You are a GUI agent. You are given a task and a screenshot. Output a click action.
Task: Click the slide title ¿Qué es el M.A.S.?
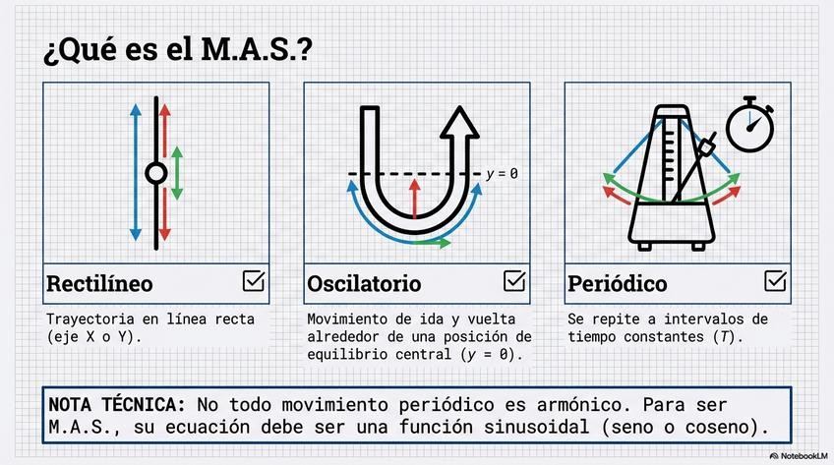pos(178,52)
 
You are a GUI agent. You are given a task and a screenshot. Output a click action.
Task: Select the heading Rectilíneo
pos(99,284)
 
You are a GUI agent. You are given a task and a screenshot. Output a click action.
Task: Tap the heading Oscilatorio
pos(364,284)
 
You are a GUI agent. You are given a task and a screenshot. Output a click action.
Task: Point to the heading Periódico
pos(617,284)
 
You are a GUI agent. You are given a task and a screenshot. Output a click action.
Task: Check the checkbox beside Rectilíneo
pos(254,281)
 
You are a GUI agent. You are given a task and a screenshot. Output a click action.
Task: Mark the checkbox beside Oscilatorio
pos(514,281)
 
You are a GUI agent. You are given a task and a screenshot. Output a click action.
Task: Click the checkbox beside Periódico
pos(775,281)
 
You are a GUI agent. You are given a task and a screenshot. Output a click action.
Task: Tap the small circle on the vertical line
pos(154,174)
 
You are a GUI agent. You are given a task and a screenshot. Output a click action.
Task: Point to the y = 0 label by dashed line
pos(502,174)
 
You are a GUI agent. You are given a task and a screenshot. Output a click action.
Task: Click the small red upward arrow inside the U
pos(414,198)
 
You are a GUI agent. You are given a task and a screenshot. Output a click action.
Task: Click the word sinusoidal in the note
pos(530,428)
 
